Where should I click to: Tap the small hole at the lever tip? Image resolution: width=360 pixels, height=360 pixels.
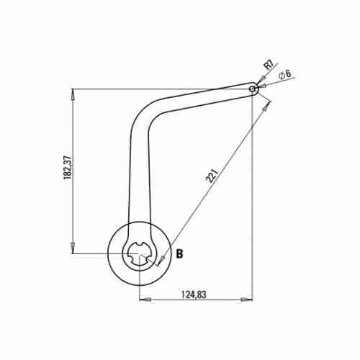tap(253, 89)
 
